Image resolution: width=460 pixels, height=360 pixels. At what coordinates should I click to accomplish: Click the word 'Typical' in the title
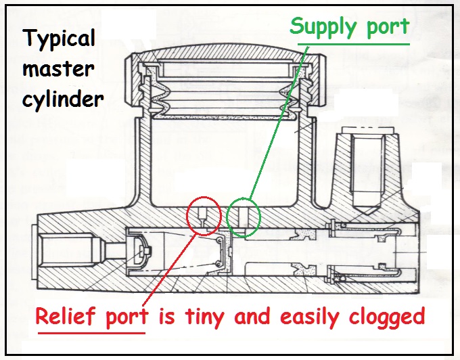[x=59, y=38]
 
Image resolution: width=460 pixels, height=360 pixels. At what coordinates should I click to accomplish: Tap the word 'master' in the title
[x=60, y=69]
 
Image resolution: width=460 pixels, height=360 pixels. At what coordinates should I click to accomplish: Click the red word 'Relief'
[x=69, y=317]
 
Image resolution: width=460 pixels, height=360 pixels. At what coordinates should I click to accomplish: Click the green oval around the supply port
[x=242, y=218]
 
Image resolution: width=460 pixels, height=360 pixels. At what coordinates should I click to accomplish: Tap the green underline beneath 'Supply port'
[x=349, y=43]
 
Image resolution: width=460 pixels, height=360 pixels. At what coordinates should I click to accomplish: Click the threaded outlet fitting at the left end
[x=57, y=252]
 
